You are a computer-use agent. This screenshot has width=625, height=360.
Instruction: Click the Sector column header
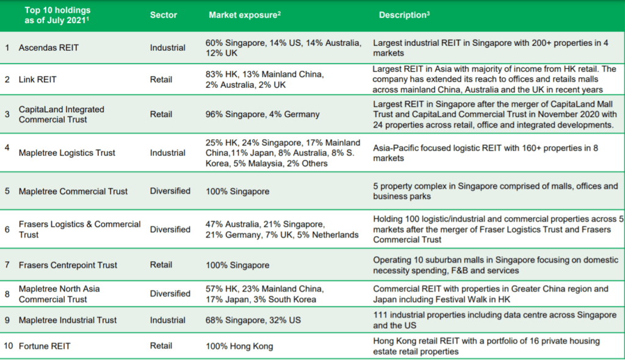(x=164, y=15)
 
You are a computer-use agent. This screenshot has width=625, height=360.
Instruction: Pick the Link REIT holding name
(x=38, y=79)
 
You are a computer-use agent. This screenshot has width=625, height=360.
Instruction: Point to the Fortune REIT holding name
(x=45, y=346)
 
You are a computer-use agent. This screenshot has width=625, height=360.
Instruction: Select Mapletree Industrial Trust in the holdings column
(x=68, y=320)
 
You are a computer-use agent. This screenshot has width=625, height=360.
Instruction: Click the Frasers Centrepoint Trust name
(x=68, y=265)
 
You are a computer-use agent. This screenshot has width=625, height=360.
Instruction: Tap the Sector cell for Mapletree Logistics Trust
(x=168, y=153)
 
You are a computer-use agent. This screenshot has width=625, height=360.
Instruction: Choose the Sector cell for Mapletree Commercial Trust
(x=170, y=191)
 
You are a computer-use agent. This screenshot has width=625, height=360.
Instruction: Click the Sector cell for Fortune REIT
(x=161, y=346)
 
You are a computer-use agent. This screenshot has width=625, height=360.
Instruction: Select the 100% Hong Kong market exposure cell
(x=239, y=346)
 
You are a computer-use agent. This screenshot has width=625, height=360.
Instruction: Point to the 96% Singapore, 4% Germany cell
(x=262, y=114)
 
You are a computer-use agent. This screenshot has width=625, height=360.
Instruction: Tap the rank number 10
(x=8, y=346)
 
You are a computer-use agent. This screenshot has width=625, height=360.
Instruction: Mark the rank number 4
(x=7, y=148)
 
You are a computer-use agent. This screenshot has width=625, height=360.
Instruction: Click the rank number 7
(x=7, y=265)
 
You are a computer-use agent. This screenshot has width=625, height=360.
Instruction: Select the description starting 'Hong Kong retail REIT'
(x=486, y=346)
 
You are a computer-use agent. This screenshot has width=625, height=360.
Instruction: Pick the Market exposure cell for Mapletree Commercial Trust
(x=237, y=191)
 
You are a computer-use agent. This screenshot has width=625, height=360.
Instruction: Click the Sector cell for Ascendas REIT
(x=168, y=48)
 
